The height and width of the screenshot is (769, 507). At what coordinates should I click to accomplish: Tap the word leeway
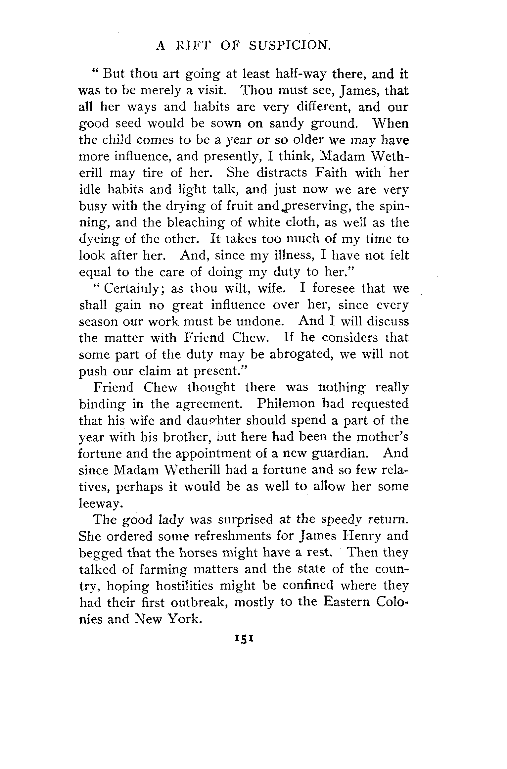[99, 503]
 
